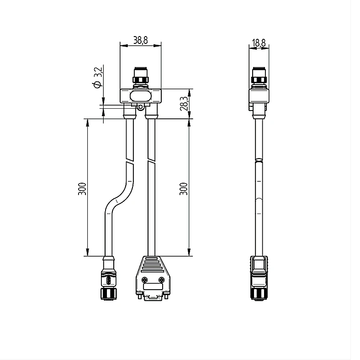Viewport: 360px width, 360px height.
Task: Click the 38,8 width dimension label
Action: (141, 40)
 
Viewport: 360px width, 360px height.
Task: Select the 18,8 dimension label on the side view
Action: (259, 42)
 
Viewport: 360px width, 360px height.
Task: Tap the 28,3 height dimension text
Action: (184, 104)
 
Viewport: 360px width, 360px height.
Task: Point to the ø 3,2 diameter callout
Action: (98, 77)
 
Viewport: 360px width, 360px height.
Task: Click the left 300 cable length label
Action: (82, 189)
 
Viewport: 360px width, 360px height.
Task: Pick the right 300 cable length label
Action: (184, 189)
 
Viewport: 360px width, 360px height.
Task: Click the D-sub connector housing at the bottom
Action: (153, 278)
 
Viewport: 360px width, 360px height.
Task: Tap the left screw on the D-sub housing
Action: (144, 280)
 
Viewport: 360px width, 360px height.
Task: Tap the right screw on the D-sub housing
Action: (162, 280)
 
